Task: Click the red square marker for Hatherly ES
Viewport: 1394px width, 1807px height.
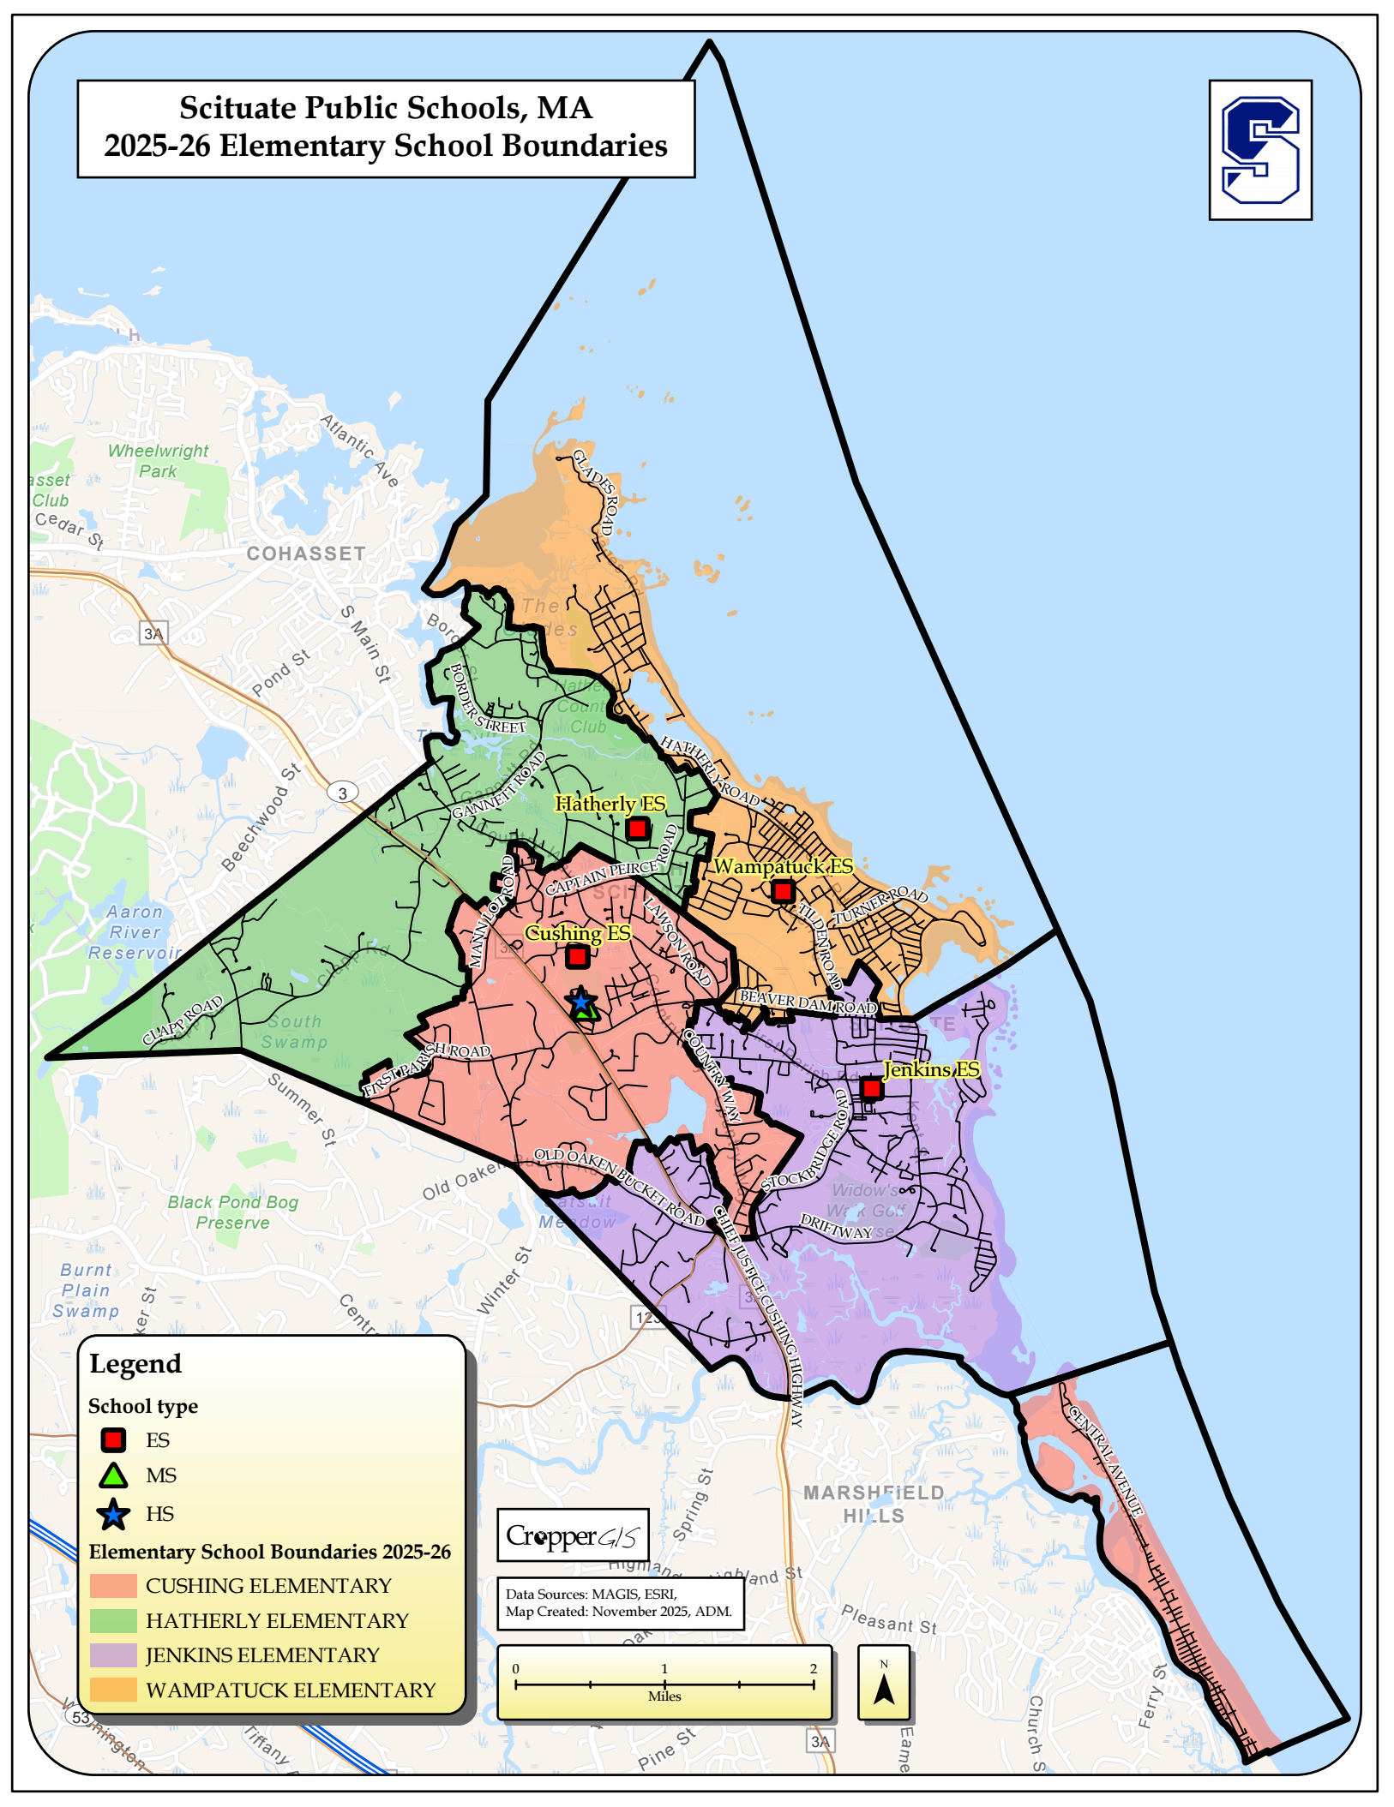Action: coord(637,829)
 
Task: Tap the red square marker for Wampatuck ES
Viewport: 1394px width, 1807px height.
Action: coord(782,891)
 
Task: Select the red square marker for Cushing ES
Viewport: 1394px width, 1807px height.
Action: coord(578,956)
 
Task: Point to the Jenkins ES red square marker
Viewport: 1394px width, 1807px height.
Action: coord(871,1088)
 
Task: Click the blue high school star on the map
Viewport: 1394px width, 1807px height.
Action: coord(580,1000)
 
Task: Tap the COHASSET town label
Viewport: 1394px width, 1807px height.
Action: coord(306,553)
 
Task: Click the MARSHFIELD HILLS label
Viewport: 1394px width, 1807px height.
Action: coord(874,1504)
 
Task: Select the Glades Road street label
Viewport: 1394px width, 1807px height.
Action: coord(594,491)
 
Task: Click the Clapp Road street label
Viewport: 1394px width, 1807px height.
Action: coord(183,1020)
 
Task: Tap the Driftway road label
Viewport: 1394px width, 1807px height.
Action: coord(836,1227)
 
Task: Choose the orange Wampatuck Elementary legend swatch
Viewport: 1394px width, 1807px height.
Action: coord(113,1690)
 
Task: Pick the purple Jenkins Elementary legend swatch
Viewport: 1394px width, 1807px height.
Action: coord(113,1654)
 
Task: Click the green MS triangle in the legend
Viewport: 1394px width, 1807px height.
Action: coord(113,1475)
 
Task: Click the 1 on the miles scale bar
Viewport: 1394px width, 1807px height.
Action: coord(664,1668)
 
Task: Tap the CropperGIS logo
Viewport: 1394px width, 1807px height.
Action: coord(573,1535)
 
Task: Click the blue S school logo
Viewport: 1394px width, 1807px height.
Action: coord(1259,150)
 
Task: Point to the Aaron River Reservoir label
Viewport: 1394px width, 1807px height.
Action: coord(135,932)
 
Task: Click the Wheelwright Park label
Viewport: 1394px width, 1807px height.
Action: coord(158,460)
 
